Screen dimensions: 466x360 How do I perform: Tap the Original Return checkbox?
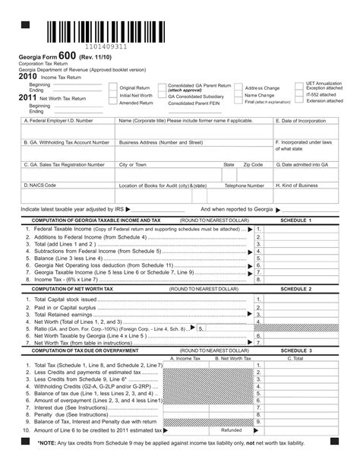tap(113, 87)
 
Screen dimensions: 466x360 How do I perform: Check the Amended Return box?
tap(113, 102)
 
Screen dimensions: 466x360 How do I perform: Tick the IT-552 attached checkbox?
tap(301, 94)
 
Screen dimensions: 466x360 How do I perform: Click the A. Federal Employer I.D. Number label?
tap(59, 121)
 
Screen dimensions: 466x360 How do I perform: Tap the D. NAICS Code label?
tap(40, 185)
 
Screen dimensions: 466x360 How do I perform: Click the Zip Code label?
tap(253, 164)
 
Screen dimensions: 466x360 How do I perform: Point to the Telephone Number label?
tap(245, 185)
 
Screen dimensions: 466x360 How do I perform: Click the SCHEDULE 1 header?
tap(295, 220)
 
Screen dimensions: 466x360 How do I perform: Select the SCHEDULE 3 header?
tap(295, 350)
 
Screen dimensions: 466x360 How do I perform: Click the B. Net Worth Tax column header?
tap(233, 357)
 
